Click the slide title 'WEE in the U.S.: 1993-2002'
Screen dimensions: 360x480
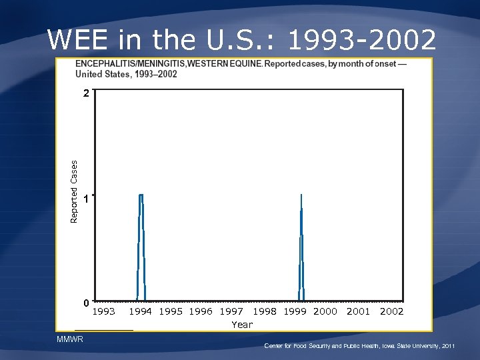click(241, 40)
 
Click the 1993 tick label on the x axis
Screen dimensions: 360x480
click(103, 311)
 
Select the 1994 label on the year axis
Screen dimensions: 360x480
click(140, 311)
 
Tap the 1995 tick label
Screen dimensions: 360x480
click(171, 311)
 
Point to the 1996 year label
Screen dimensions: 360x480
click(201, 311)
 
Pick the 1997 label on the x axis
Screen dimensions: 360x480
click(231, 311)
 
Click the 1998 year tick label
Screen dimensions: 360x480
click(265, 311)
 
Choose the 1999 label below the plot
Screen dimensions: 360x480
click(295, 311)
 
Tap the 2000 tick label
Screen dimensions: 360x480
click(325, 311)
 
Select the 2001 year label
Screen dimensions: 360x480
click(359, 311)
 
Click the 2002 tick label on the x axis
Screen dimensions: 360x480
click(392, 311)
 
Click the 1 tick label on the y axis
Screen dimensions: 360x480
click(86, 199)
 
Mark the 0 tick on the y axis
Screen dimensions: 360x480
click(86, 303)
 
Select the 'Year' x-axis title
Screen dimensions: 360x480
click(242, 325)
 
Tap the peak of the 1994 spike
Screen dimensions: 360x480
click(141, 195)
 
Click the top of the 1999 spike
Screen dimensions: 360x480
click(301, 195)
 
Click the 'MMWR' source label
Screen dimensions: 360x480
click(67, 340)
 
